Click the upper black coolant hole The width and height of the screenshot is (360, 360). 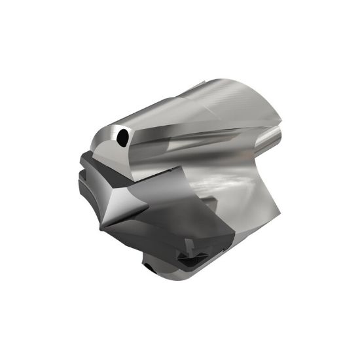(x=122, y=137)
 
